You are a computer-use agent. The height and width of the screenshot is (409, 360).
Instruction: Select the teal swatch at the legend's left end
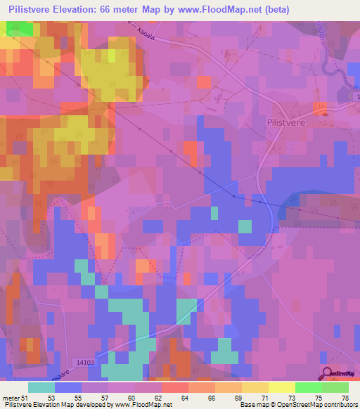click(41, 387)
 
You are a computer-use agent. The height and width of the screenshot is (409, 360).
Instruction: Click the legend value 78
click(344, 398)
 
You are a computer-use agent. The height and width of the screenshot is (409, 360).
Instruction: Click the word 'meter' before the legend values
click(12, 398)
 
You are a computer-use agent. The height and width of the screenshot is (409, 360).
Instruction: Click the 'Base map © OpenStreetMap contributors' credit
click(298, 405)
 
